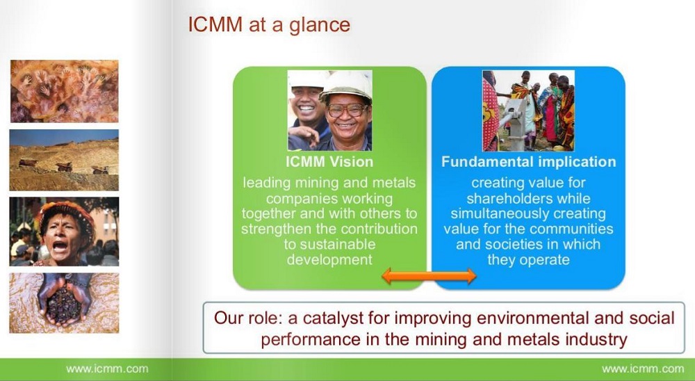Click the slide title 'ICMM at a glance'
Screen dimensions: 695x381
click(269, 24)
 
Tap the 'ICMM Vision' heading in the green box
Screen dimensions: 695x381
click(329, 162)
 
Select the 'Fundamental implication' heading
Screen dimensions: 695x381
click(528, 162)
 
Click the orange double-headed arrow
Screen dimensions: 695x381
click(429, 276)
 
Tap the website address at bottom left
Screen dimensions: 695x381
click(107, 369)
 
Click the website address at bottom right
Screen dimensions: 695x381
click(643, 369)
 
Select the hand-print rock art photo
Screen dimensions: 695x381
click(64, 91)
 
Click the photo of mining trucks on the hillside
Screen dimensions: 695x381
click(64, 160)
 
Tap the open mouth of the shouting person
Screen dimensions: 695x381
click(59, 246)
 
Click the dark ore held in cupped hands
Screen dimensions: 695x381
click(63, 305)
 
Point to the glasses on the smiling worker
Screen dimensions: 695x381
click(346, 110)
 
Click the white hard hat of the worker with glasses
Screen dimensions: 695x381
click(345, 86)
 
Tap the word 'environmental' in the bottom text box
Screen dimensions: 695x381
click(500, 318)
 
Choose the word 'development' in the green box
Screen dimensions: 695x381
click(329, 259)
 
